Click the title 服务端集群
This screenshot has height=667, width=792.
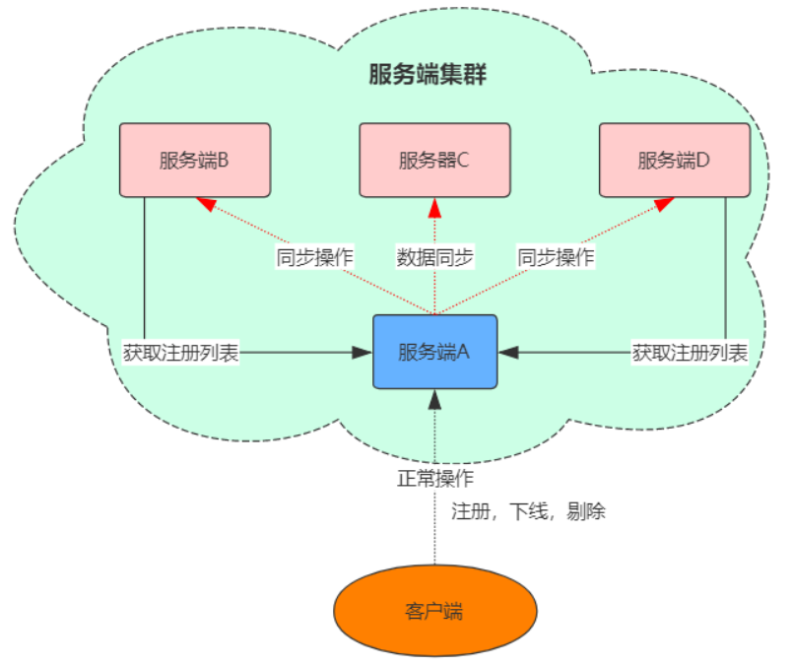point(428,75)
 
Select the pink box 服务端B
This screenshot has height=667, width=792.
point(194,160)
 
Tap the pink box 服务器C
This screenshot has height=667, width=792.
point(434,160)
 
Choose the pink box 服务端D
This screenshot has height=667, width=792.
point(674,160)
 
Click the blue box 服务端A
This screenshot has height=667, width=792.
point(434,352)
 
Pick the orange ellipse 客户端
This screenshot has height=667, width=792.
point(434,611)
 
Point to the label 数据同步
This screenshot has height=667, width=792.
point(435,258)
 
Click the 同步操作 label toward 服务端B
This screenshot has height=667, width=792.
point(314,258)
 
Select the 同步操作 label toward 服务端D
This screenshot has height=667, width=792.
point(557,258)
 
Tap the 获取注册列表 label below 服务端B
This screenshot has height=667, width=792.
point(182,352)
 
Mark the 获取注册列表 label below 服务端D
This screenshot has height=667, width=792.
point(690,352)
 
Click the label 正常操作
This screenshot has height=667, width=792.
point(435,480)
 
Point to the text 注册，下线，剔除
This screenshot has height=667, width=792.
point(528,511)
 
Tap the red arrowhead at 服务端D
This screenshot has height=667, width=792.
point(664,203)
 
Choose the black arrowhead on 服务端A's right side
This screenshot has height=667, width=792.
point(507,352)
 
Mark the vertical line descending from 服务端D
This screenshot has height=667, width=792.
point(725,266)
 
